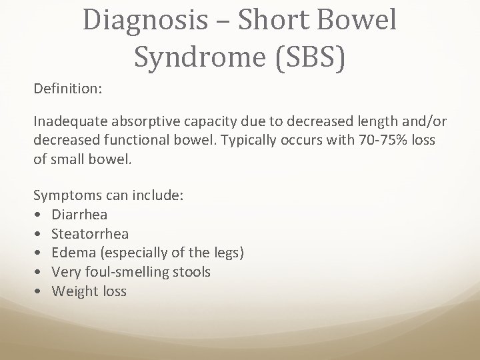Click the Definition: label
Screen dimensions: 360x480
coord(67,87)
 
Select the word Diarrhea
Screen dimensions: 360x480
coord(79,215)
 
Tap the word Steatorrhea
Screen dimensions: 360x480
coord(90,234)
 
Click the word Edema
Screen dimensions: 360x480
coord(72,253)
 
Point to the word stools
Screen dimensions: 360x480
coord(190,272)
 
